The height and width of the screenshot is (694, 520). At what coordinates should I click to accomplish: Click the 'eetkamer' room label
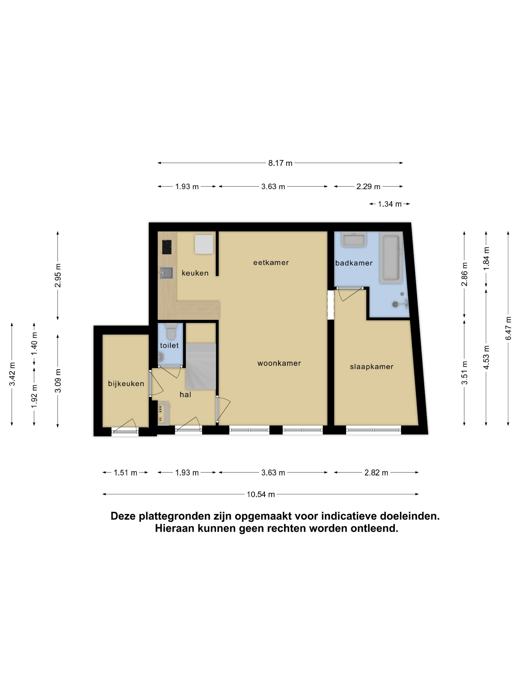(x=271, y=262)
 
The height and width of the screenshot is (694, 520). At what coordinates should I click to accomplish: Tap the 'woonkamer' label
(x=279, y=363)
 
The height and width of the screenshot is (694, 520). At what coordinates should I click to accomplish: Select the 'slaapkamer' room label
(x=371, y=367)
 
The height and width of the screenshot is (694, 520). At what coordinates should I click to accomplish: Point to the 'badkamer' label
(x=354, y=263)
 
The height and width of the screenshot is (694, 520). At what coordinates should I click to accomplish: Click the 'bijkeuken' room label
(x=126, y=383)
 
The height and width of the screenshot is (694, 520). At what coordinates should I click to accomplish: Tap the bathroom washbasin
(x=354, y=239)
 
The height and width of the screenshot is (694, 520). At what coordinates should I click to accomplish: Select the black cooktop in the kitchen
(x=167, y=247)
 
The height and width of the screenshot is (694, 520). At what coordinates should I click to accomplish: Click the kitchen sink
(x=166, y=273)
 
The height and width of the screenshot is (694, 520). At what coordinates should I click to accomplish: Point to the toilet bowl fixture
(x=171, y=332)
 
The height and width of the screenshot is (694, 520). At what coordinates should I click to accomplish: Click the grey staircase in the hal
(x=201, y=366)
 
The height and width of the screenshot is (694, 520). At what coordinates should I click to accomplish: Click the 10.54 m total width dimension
(x=260, y=494)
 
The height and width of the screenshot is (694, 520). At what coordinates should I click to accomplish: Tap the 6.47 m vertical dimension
(x=508, y=328)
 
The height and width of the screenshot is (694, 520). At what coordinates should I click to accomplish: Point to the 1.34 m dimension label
(x=390, y=204)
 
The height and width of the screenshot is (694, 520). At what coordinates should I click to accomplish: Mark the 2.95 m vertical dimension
(x=58, y=275)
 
